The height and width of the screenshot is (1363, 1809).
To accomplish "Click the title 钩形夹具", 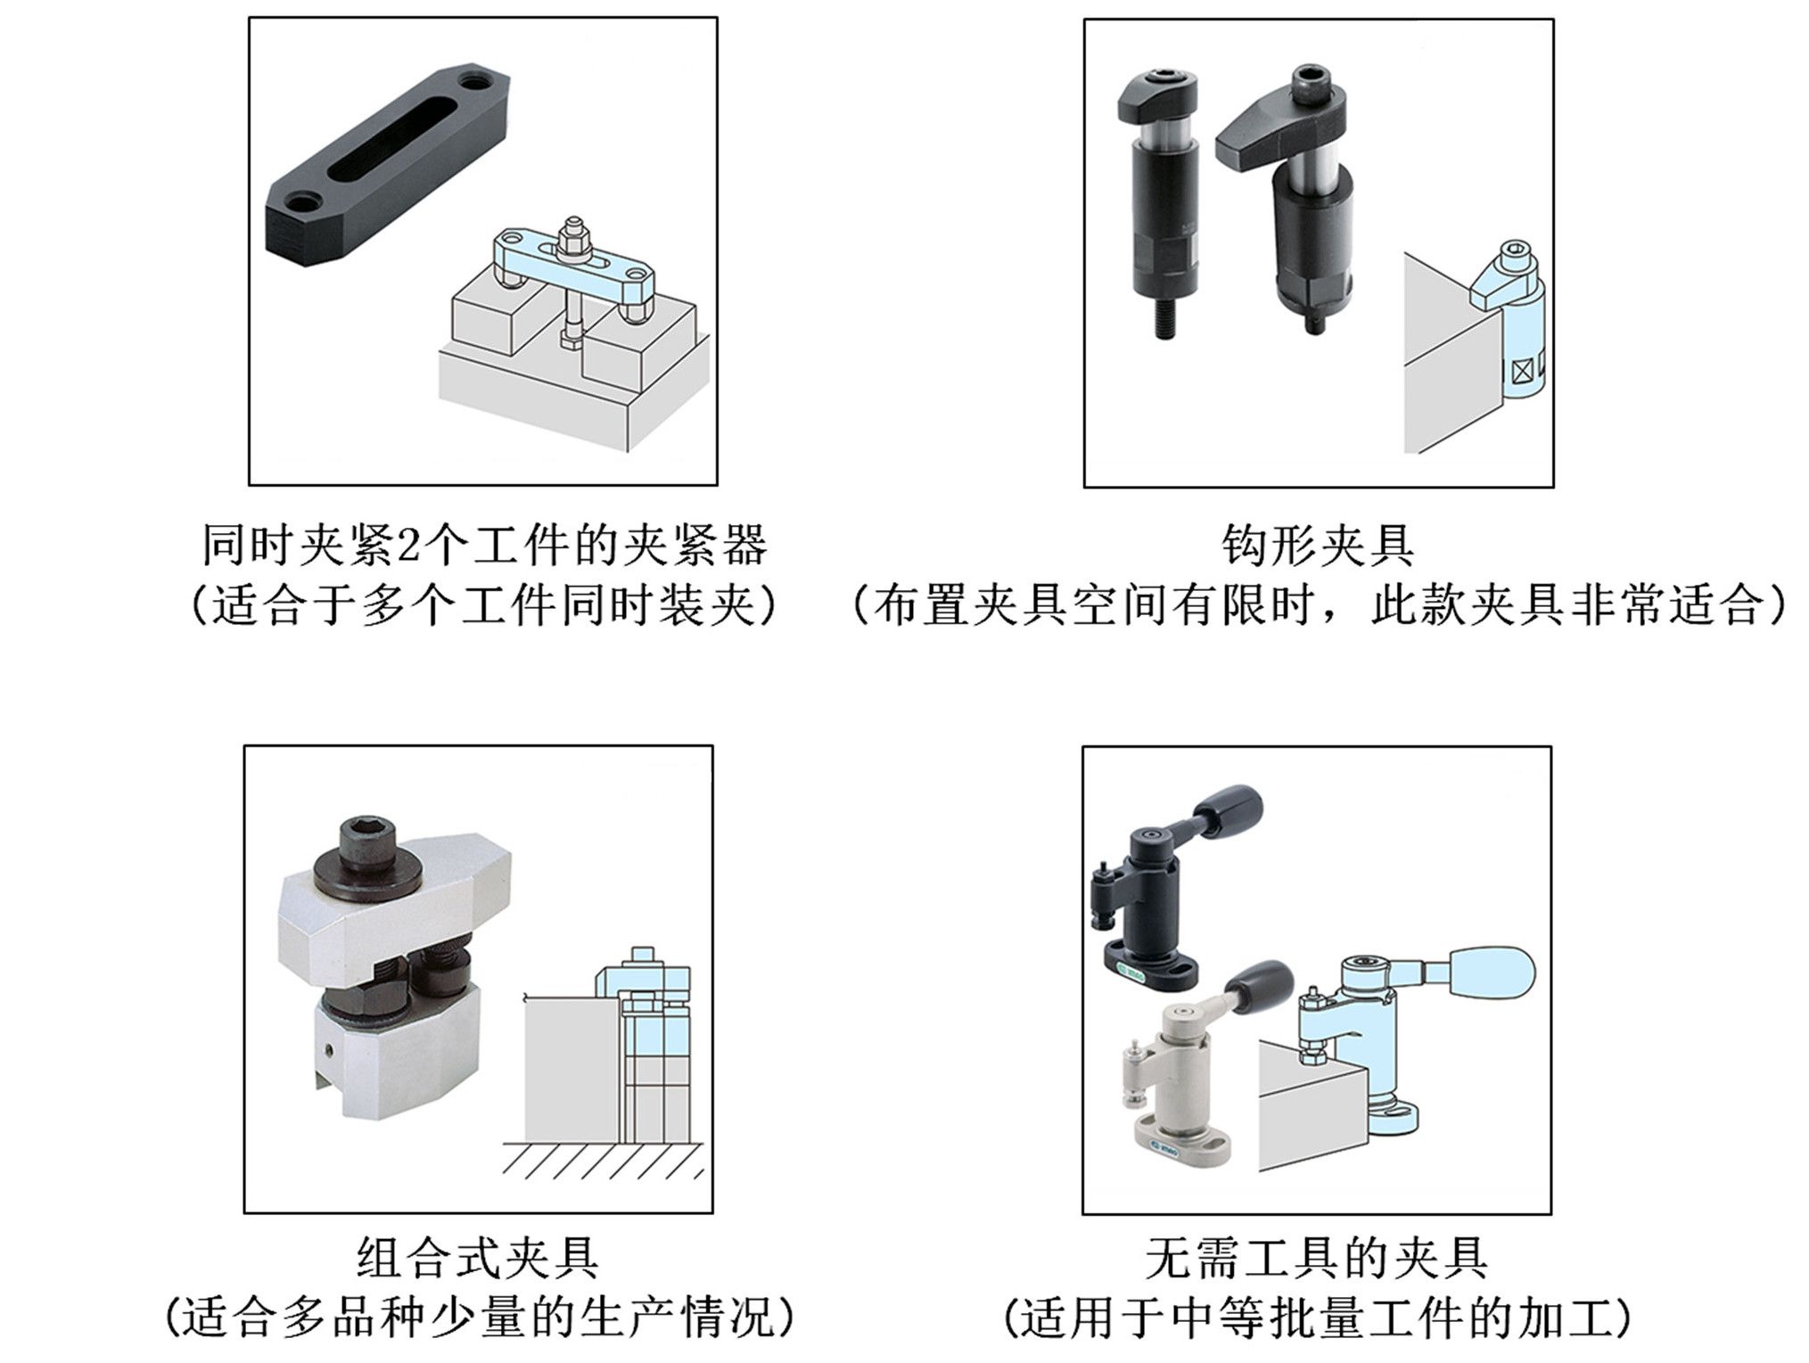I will click(x=1317, y=546).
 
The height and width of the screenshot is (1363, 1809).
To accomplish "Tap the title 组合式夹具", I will click(x=478, y=1258).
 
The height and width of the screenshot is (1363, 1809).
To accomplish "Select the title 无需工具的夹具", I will click(x=1316, y=1258).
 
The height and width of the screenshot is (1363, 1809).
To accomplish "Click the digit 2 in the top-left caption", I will click(x=407, y=546).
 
